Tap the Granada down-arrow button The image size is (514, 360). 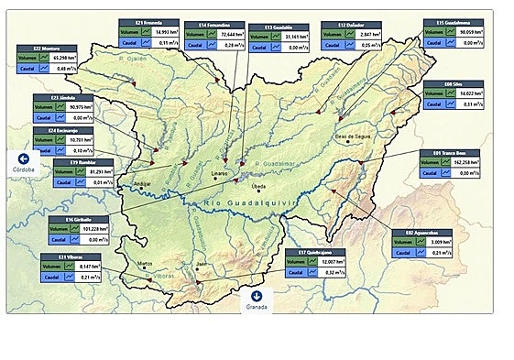click(257, 296)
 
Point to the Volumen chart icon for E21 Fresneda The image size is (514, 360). click(146, 31)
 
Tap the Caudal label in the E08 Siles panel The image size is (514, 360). click(435, 104)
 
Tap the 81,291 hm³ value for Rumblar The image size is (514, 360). click(90, 171)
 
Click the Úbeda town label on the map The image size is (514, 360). click(258, 186)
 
